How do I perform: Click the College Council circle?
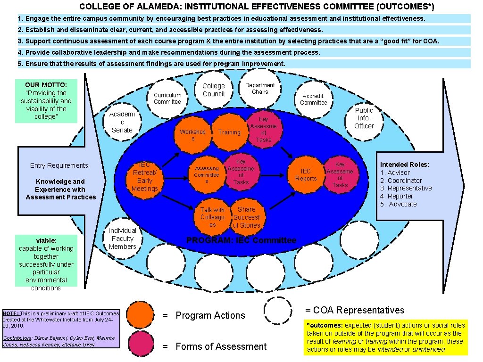click(214, 90)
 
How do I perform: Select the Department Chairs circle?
click(259, 89)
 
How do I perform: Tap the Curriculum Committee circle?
click(167, 99)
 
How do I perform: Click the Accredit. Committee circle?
click(314, 99)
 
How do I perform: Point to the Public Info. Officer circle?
click(364, 118)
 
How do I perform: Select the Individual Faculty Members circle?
click(122, 239)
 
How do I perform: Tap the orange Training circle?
click(229, 132)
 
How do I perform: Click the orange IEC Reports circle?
click(306, 175)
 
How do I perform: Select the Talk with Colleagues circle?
click(212, 217)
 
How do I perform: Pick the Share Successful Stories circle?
click(246, 217)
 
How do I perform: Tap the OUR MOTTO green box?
click(46, 100)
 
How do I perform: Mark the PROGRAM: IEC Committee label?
click(241, 240)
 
